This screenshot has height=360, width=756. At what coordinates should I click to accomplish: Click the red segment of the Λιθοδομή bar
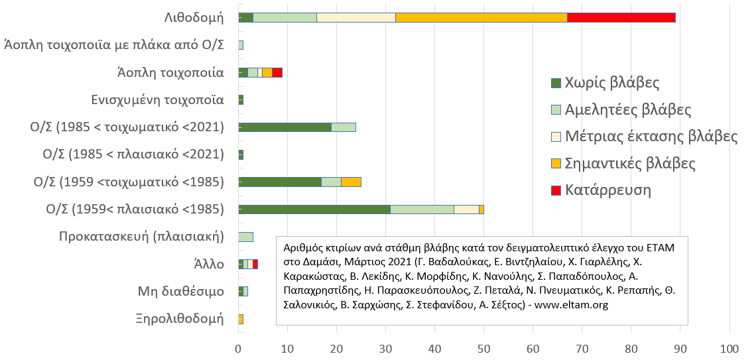[x=621, y=17]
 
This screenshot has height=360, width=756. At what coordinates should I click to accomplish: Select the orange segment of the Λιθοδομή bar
[x=481, y=17]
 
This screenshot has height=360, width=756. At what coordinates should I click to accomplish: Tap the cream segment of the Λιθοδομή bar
[x=356, y=17]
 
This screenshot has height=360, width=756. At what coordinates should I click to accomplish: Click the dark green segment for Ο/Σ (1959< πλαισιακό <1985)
[x=314, y=209]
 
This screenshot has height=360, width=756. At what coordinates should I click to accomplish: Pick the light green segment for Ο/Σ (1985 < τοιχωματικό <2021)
[x=344, y=127]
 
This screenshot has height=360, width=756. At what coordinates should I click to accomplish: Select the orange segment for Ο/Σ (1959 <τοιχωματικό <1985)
[x=351, y=182]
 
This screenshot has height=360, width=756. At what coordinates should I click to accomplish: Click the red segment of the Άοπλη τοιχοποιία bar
[x=277, y=72]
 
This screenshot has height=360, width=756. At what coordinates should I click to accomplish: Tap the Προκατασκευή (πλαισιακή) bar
[x=246, y=237]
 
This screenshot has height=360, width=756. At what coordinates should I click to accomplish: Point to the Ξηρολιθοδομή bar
[x=241, y=319]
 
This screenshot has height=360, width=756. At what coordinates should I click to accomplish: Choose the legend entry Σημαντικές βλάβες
[x=629, y=163]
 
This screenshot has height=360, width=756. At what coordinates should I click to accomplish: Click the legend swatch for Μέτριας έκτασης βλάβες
[x=556, y=137]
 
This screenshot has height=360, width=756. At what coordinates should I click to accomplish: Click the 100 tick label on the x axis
[x=729, y=346]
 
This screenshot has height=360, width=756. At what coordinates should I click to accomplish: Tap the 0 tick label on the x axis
[x=239, y=346]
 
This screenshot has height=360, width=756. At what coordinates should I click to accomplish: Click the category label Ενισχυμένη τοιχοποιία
[x=158, y=100]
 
